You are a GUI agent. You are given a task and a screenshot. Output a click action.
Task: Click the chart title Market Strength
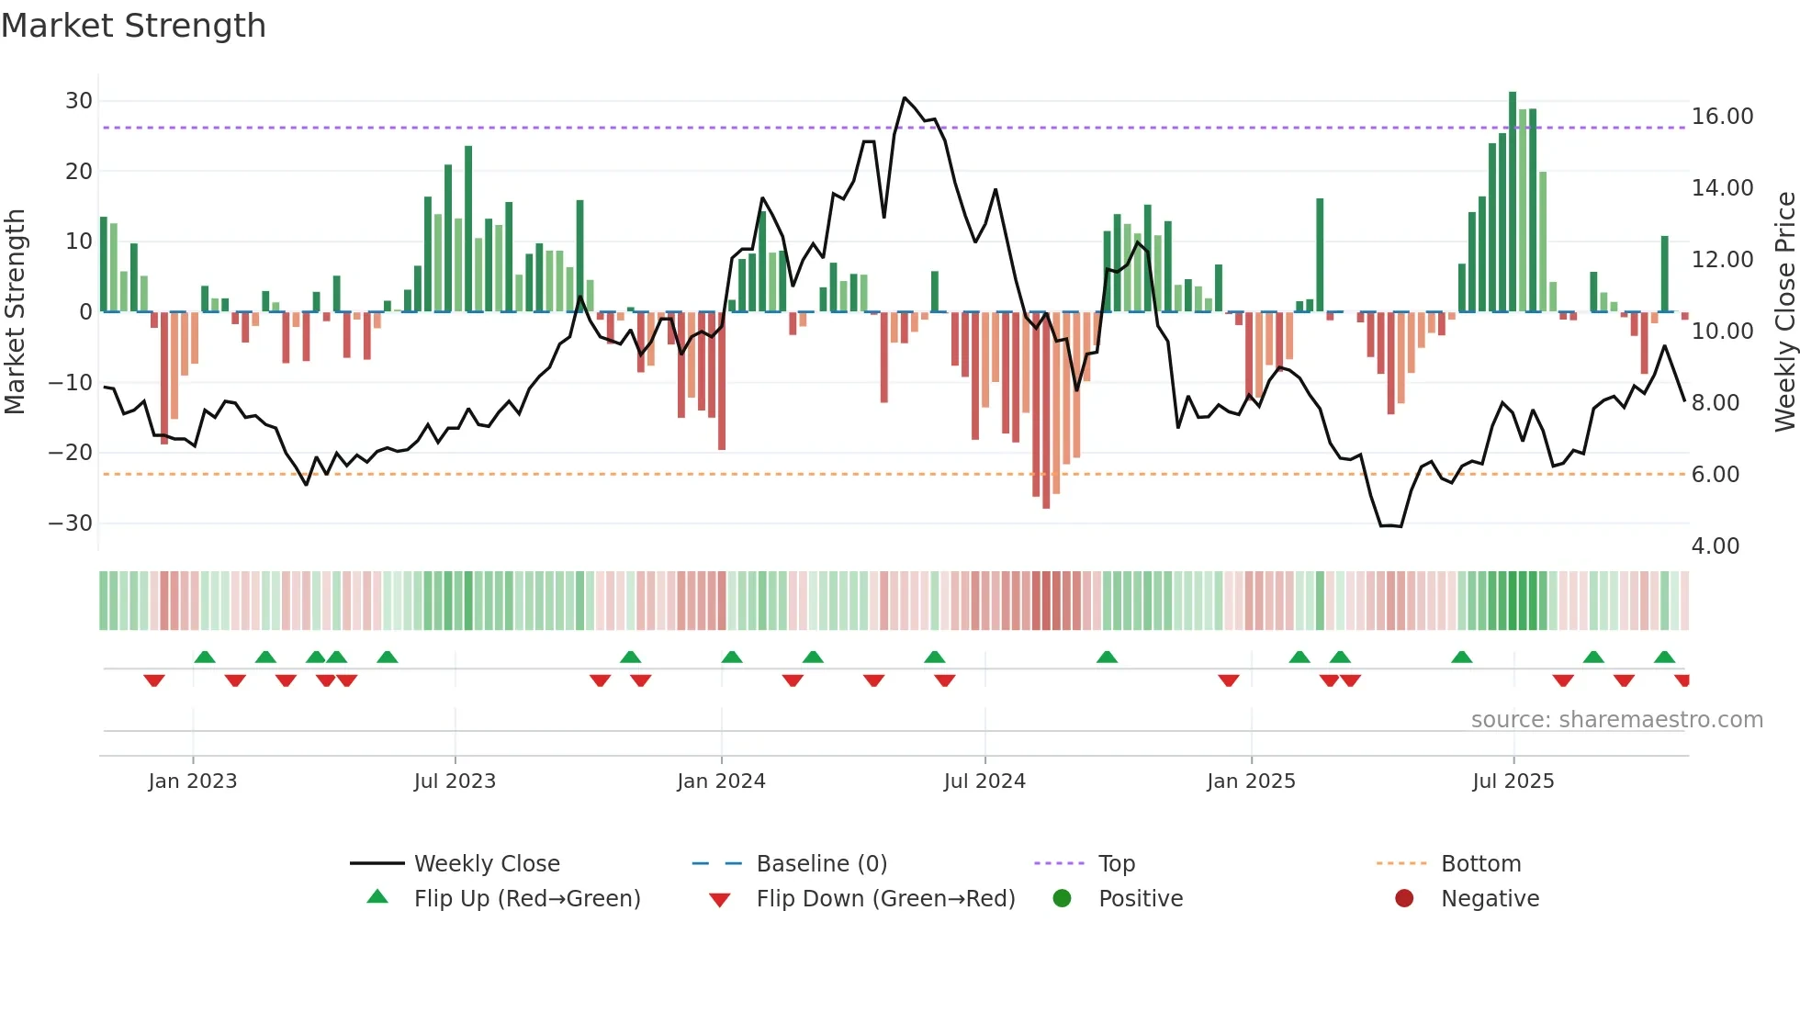[x=133, y=26]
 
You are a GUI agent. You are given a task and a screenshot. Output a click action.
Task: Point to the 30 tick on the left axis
[x=79, y=101]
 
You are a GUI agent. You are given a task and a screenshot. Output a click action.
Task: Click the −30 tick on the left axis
[x=71, y=523]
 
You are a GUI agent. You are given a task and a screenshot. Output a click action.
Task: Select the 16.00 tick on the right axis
[x=1722, y=117]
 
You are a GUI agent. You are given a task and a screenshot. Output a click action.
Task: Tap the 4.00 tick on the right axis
[x=1715, y=546]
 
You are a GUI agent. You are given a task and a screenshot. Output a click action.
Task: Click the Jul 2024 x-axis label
[x=984, y=781]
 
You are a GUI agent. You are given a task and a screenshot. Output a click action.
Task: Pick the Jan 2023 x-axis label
[x=193, y=781]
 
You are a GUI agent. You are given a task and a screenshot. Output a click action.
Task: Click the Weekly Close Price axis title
[x=1784, y=311]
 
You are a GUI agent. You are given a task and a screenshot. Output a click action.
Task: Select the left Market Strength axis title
[x=15, y=311]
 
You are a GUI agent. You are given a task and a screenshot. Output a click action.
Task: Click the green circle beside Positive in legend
[x=1063, y=899]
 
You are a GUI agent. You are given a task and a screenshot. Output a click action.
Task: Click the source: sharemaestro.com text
[x=1616, y=720]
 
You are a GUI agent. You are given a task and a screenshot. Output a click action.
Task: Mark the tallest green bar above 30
[x=1513, y=202]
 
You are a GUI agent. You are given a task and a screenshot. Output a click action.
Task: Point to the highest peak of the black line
[x=905, y=98]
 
